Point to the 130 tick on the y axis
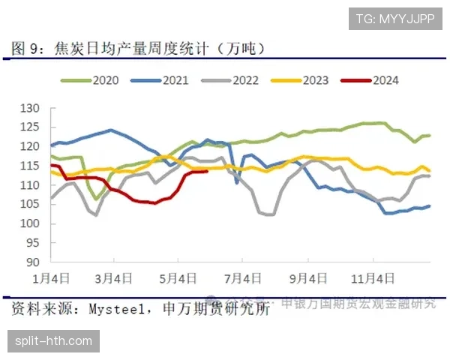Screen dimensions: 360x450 coord(29,108)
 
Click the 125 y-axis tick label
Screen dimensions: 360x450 coord(29,127)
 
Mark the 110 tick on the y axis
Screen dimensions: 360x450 coord(29,185)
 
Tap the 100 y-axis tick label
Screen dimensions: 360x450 coord(29,223)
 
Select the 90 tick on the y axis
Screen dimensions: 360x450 coord(32,262)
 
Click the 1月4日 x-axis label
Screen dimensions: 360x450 coord(52,278)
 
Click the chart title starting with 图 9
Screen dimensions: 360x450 coord(139,49)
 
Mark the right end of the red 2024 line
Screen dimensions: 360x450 coord(207,171)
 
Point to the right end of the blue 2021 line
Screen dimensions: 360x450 coord(429,206)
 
